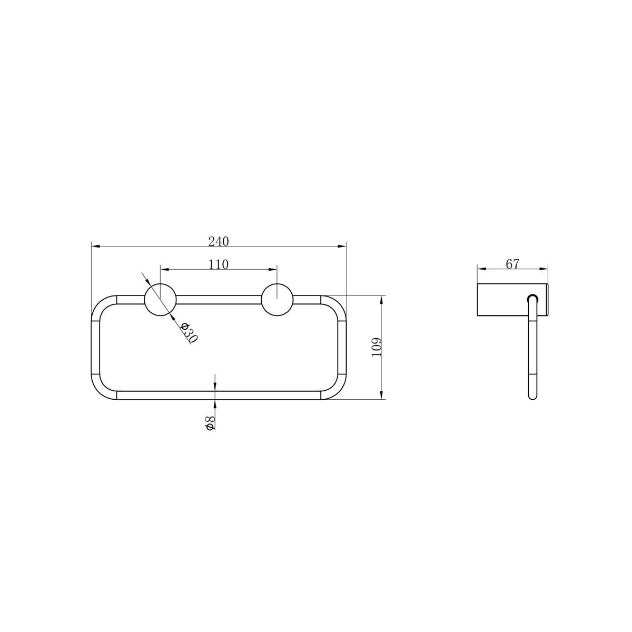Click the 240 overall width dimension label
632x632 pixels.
click(x=218, y=241)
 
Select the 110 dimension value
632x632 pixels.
click(x=218, y=264)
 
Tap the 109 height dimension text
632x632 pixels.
click(x=376, y=348)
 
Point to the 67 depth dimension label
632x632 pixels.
click(x=512, y=264)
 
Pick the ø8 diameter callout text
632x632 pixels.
click(x=210, y=423)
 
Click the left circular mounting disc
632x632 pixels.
click(x=160, y=300)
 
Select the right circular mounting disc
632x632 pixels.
click(x=277, y=300)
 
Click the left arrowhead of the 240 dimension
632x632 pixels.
click(x=95, y=245)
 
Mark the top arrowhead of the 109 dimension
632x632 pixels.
click(x=381, y=300)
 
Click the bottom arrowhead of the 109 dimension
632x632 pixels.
click(x=381, y=396)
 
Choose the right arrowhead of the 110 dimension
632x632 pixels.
click(x=273, y=269)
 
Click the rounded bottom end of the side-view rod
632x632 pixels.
click(x=533, y=396)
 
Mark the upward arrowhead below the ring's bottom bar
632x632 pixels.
click(x=215, y=403)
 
